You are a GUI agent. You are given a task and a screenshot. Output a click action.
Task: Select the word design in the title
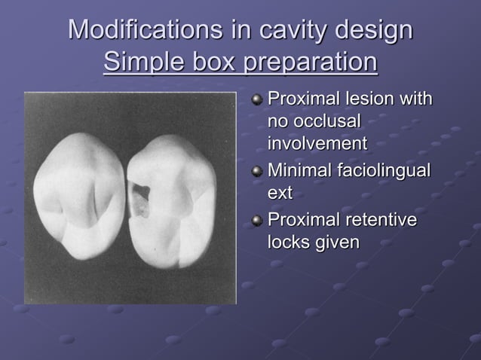pos(374,31)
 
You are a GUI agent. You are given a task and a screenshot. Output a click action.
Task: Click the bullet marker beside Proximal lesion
pos(259,100)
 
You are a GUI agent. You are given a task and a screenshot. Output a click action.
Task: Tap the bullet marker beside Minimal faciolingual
pos(259,172)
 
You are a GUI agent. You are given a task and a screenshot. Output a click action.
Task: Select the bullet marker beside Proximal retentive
pos(259,221)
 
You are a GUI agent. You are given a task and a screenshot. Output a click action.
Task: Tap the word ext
pos(280,194)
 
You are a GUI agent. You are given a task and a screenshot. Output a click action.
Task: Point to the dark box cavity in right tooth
pos(139,200)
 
